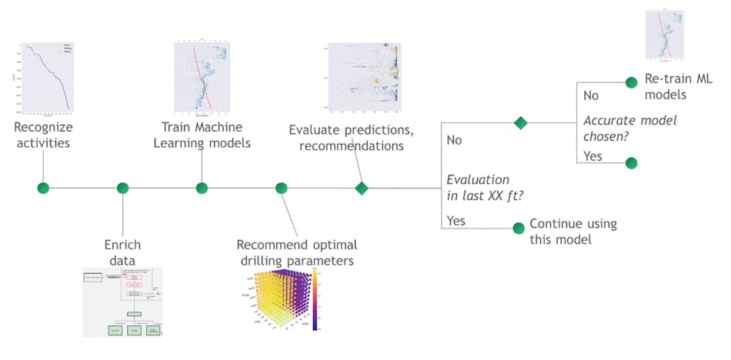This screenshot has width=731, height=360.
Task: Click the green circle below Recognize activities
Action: point(43,188)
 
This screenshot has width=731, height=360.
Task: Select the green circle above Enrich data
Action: point(122,188)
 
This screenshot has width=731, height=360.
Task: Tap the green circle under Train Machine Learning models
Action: point(202,188)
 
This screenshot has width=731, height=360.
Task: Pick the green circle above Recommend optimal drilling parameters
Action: point(282,188)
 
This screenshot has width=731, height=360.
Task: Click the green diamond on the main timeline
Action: point(361,188)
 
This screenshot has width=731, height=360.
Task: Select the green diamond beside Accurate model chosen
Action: point(521,122)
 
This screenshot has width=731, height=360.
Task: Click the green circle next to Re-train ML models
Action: point(631,82)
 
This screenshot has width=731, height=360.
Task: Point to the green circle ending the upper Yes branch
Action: point(631,162)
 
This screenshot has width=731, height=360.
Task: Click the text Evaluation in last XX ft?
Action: point(478,187)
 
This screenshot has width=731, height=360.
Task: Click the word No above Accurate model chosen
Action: point(592,96)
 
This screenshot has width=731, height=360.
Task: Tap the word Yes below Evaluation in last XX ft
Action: point(456,221)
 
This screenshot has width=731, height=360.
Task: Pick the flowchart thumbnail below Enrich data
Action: point(122,302)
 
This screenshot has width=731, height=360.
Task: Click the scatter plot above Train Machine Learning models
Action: point(201,77)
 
